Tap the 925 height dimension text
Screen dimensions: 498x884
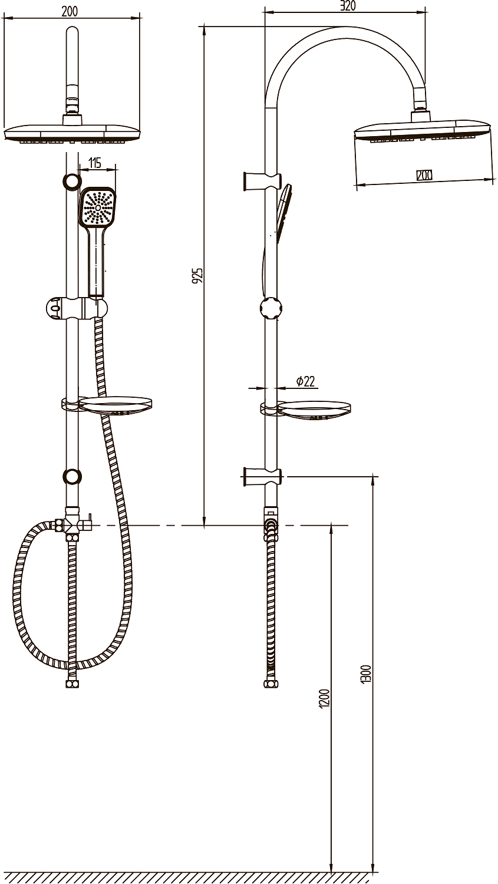coord(199,275)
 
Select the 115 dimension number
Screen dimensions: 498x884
coord(94,162)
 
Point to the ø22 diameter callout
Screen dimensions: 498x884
coord(305,381)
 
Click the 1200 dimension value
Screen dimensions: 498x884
coord(324,698)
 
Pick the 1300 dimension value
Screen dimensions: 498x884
coord(366,674)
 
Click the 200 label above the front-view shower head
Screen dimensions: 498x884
coord(70,11)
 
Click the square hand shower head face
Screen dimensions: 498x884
coord(98,207)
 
